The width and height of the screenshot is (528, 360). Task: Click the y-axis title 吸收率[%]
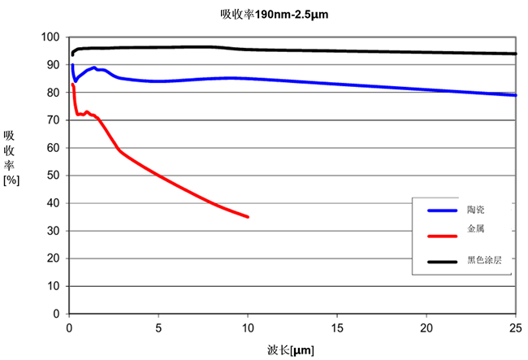click(11, 158)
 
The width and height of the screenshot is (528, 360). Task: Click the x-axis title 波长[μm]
click(290, 349)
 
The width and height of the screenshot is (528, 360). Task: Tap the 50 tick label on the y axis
click(54, 176)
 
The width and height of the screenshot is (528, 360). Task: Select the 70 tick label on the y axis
click(54, 120)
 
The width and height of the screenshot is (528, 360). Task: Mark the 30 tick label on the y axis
click(54, 231)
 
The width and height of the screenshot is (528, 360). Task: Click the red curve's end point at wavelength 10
click(248, 217)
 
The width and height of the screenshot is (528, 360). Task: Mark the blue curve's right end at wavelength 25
click(515, 95)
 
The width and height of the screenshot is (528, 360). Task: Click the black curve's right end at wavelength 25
click(515, 54)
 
